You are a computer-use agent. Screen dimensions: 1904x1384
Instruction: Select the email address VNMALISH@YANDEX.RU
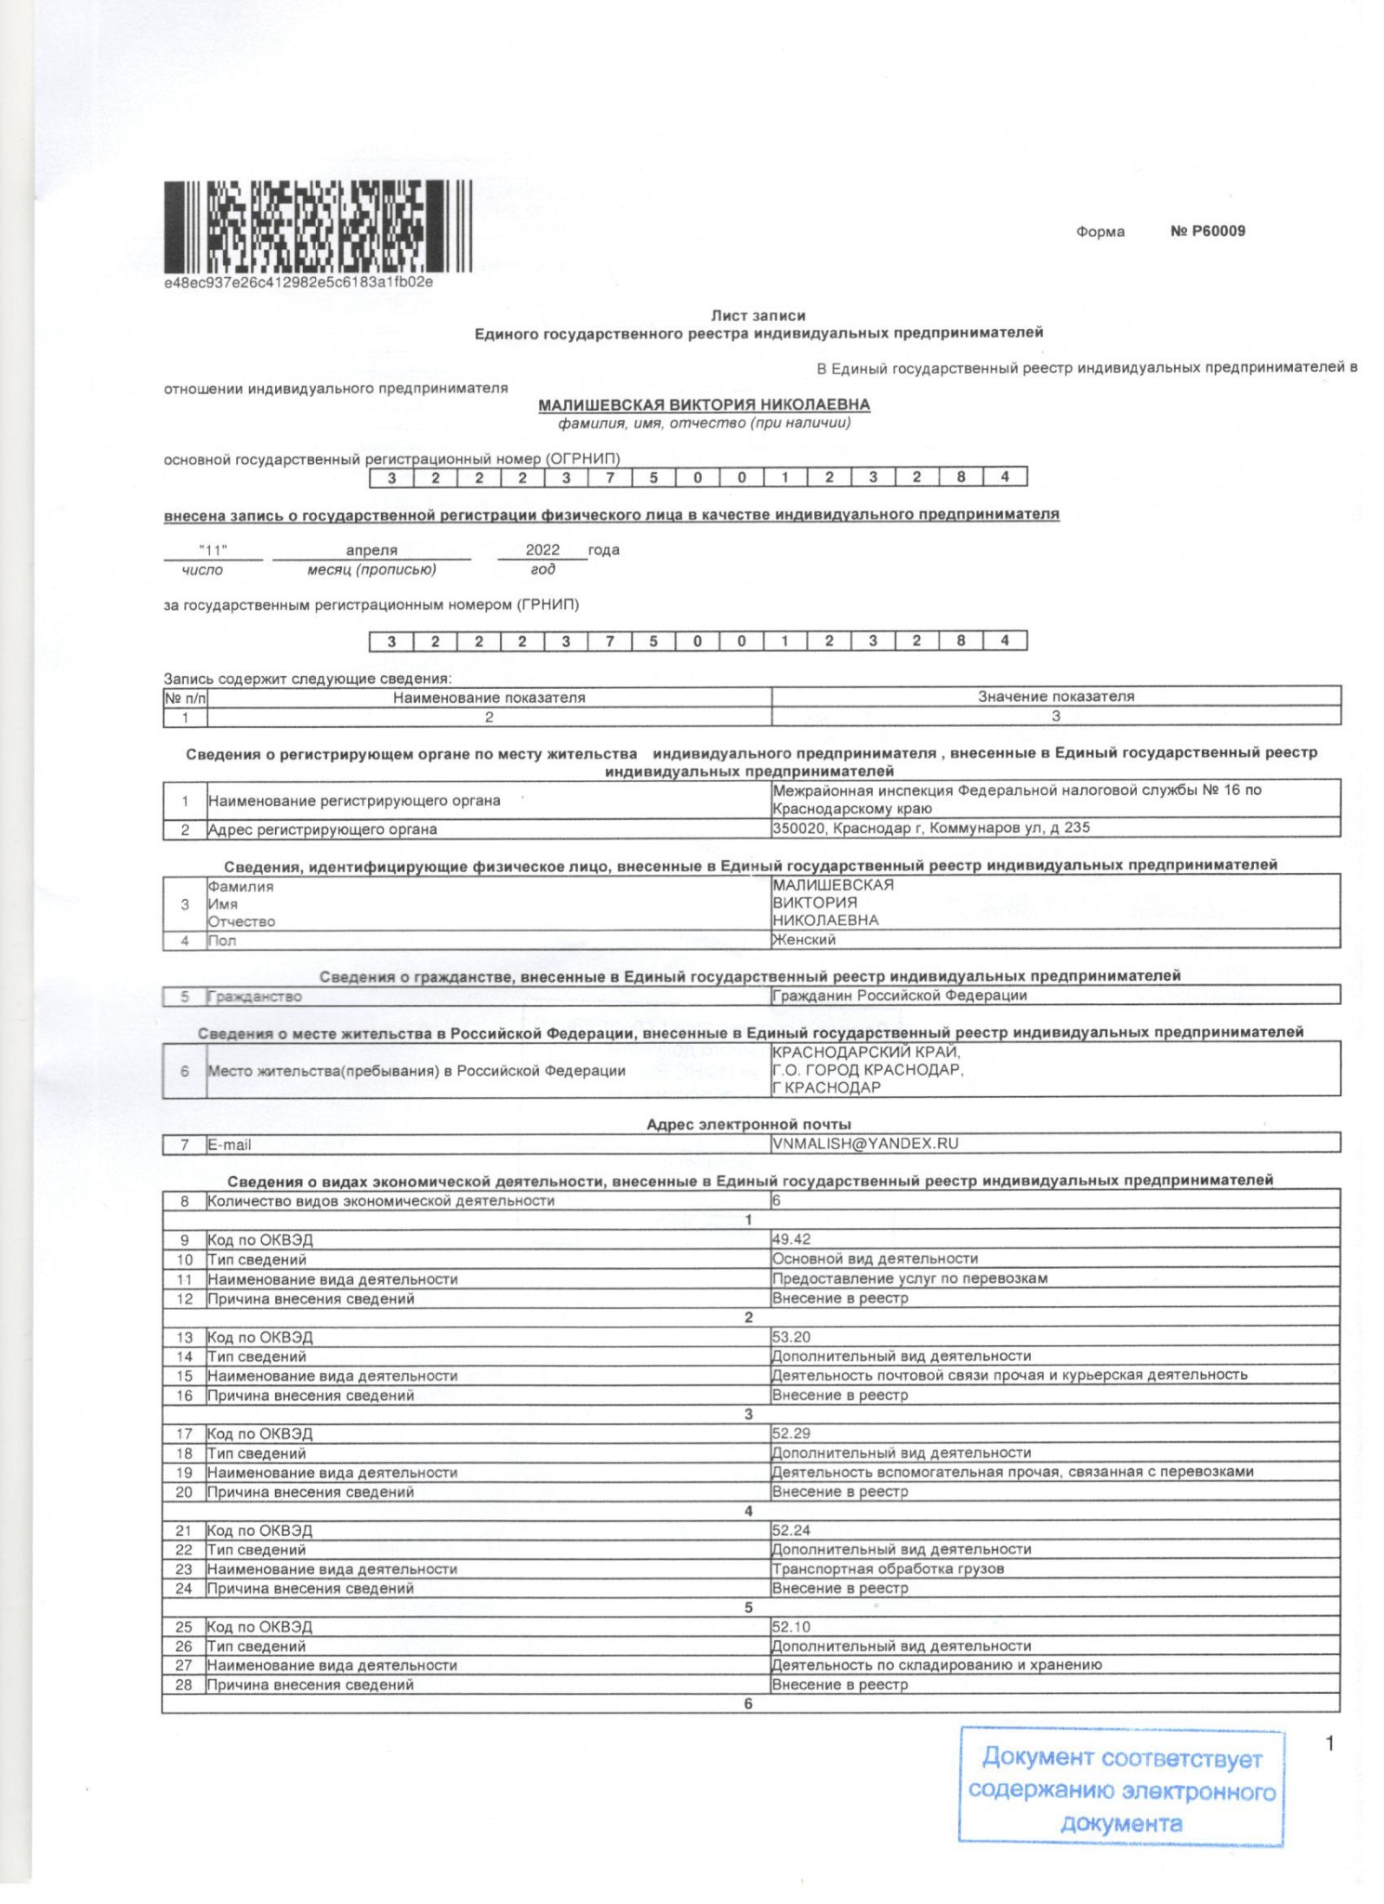[x=864, y=1144]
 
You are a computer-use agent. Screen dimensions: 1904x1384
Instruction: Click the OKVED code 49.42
[x=791, y=1239]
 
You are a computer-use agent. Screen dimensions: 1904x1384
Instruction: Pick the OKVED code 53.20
[x=791, y=1337]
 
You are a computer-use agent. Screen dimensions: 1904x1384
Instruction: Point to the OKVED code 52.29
[x=791, y=1434]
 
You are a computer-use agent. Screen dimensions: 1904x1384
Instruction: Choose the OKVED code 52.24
[x=791, y=1530]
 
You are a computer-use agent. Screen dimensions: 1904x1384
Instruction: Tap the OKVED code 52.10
[x=791, y=1627]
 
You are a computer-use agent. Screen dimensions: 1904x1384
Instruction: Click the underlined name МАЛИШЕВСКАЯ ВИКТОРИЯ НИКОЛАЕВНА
[x=704, y=404]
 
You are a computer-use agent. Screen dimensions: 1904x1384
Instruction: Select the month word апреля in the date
[x=371, y=550]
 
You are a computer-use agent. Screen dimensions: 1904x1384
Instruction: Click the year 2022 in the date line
[x=543, y=550]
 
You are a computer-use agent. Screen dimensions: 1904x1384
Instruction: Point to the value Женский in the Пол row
[x=804, y=940]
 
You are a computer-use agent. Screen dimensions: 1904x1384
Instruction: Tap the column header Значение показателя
[x=1056, y=696]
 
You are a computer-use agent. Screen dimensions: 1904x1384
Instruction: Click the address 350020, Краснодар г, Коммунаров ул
[x=930, y=827]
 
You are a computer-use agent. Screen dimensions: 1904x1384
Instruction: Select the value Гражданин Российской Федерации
[x=899, y=996]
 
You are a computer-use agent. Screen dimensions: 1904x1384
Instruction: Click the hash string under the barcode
[x=298, y=282]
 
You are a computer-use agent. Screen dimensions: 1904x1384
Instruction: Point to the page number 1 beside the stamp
[x=1329, y=1743]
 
